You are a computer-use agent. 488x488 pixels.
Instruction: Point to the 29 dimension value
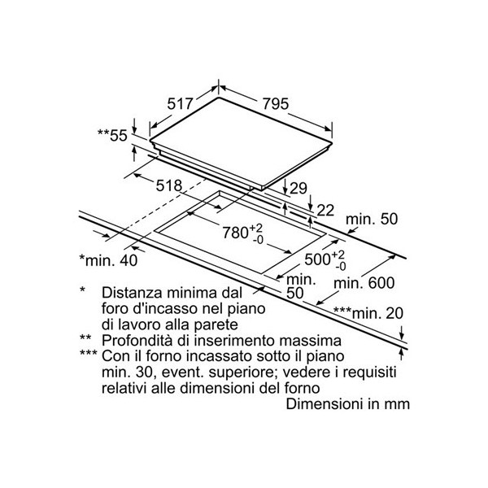pyautogui.click(x=298, y=189)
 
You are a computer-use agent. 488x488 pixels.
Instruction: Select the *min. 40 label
pyautogui.click(x=108, y=260)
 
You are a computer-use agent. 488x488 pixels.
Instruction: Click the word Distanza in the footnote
pyautogui.click(x=132, y=291)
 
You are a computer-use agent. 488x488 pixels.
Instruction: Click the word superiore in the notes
pyautogui.click(x=236, y=371)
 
